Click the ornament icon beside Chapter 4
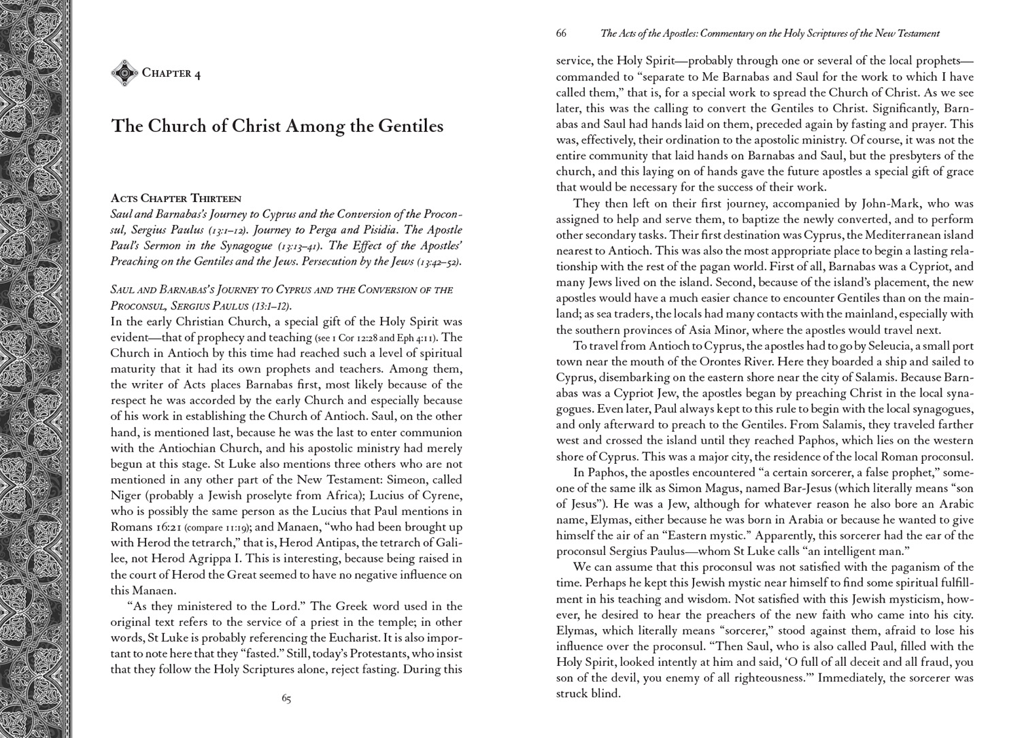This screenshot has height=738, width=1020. coord(124,73)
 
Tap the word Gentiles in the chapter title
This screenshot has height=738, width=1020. coord(406,127)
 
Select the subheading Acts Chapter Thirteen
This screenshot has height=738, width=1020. coord(175,199)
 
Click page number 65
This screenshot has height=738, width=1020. coord(286,699)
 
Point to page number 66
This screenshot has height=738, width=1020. coord(561,33)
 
